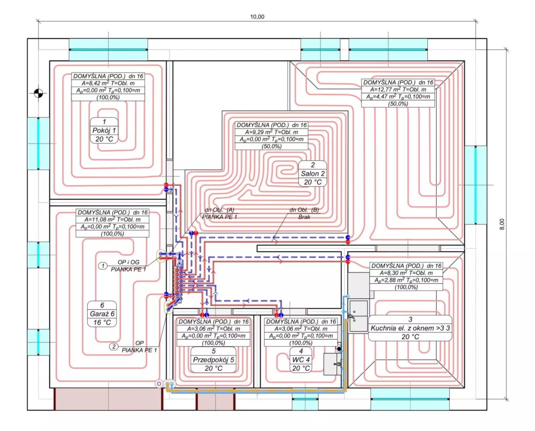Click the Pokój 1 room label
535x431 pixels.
coord(104,130)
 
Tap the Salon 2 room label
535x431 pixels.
coord(312,173)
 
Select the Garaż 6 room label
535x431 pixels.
coord(102,314)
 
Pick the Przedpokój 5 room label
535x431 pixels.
coord(214,360)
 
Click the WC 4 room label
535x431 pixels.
coord(300,360)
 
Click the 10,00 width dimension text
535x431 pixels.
coord(257,17)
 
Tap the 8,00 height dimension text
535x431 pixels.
coord(502,224)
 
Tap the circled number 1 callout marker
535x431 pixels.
coord(103,266)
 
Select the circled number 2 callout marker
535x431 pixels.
coord(113,347)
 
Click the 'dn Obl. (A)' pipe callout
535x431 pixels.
coord(219,210)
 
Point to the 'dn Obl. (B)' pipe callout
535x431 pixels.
coord(304,210)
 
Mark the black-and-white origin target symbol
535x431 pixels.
coord(38,92)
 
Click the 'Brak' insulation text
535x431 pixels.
coord(304,217)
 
